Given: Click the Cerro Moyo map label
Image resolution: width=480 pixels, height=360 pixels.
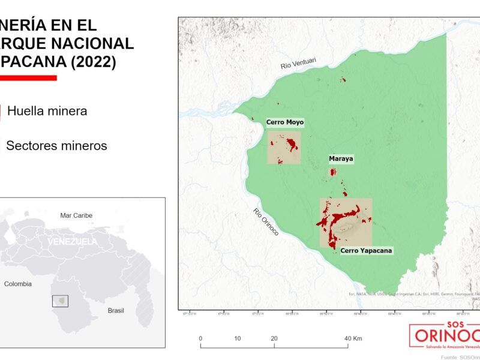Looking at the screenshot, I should (285, 122).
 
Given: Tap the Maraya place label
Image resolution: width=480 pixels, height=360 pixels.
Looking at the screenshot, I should (341, 159).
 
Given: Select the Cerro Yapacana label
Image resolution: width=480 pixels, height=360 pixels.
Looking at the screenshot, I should (365, 250).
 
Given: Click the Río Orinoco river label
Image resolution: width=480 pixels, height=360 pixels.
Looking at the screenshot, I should (266, 221).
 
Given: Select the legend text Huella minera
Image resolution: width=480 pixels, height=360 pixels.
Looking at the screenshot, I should (47, 111).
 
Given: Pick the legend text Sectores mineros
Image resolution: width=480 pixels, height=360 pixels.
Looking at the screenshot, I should (56, 146).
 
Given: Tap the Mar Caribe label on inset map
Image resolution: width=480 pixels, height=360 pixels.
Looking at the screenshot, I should (76, 215).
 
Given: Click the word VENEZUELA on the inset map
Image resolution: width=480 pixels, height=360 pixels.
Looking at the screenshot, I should (72, 241).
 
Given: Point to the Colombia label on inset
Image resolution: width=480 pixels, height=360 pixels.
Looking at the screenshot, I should (17, 284).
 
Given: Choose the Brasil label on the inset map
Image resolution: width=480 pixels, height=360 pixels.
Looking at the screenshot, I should (115, 310).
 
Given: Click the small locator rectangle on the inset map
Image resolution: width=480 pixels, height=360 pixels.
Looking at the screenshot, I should (59, 301).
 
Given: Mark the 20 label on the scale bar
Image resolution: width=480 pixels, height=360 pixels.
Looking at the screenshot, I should (274, 338).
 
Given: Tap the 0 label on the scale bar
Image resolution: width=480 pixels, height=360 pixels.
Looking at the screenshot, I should (200, 338).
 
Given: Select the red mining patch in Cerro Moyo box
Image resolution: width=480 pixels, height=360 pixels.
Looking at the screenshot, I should (292, 144).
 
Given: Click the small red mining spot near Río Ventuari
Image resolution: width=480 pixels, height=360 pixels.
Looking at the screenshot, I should (343, 80).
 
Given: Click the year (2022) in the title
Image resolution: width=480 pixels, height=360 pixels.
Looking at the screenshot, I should (89, 62).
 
